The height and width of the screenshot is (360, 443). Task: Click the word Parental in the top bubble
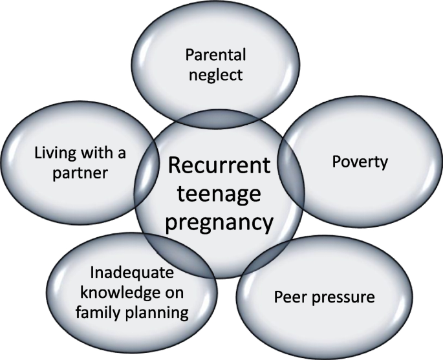coord(215,54)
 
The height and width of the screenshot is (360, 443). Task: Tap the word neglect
coord(215,74)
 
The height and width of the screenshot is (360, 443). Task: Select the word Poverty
coord(360,161)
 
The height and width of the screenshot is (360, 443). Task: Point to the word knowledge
coord(120,292)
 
